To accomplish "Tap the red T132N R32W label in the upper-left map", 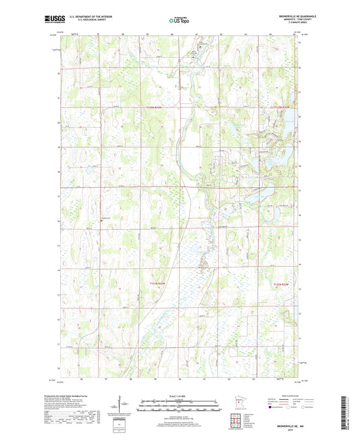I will tap(155, 107).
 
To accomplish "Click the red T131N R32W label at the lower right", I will tap(284, 286).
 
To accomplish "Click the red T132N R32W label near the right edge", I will tap(284, 107).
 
